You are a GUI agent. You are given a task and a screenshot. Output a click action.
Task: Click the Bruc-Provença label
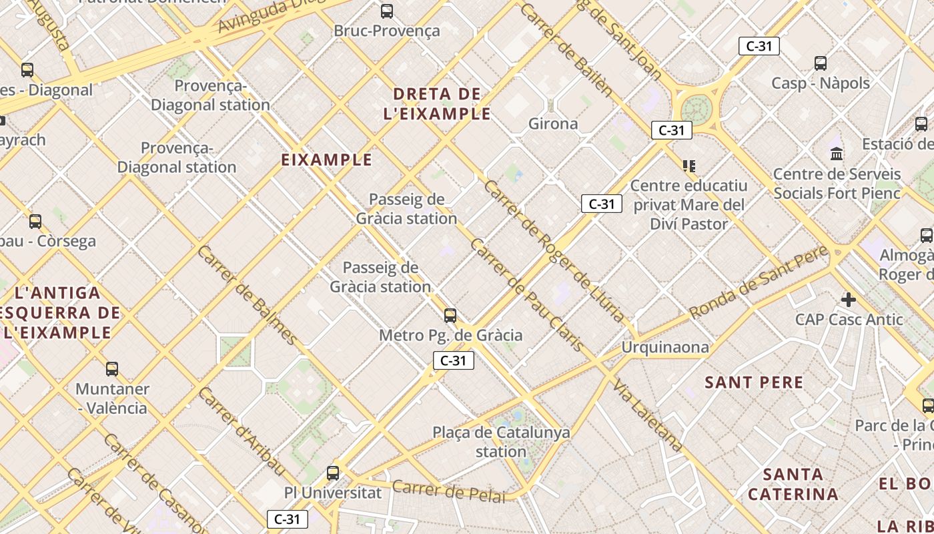pos(387,31)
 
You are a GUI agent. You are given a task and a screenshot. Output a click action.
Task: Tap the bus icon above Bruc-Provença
pos(386,11)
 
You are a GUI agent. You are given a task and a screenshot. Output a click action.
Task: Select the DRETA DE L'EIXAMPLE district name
pos(437,103)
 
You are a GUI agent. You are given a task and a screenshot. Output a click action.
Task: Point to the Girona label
pos(553,123)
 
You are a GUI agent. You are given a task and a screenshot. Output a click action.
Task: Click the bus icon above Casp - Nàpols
pos(821,63)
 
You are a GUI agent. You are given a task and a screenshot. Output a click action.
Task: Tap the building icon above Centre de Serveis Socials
pos(837,154)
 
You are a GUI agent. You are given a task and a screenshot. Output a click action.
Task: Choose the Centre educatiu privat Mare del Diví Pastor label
pos(689,204)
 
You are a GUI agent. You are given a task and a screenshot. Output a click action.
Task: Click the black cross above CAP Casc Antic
pos(849,300)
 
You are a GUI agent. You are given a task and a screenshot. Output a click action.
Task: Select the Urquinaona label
pos(665,347)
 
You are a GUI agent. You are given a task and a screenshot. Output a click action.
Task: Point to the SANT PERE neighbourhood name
pos(755,382)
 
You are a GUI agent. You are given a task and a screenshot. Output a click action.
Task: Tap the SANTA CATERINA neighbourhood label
pos(793,485)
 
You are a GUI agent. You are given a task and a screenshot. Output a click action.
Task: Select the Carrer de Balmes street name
pos(246,295)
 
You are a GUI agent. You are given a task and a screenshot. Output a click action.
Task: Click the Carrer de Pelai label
pos(448,490)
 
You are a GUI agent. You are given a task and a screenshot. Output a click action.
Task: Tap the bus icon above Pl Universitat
pos(333,473)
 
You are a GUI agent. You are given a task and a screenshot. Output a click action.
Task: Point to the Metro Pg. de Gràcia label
pos(451,335)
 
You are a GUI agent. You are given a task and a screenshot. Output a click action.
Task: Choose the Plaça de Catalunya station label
pos(502,442)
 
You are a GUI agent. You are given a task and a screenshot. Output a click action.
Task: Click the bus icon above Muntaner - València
pos(112,368)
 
